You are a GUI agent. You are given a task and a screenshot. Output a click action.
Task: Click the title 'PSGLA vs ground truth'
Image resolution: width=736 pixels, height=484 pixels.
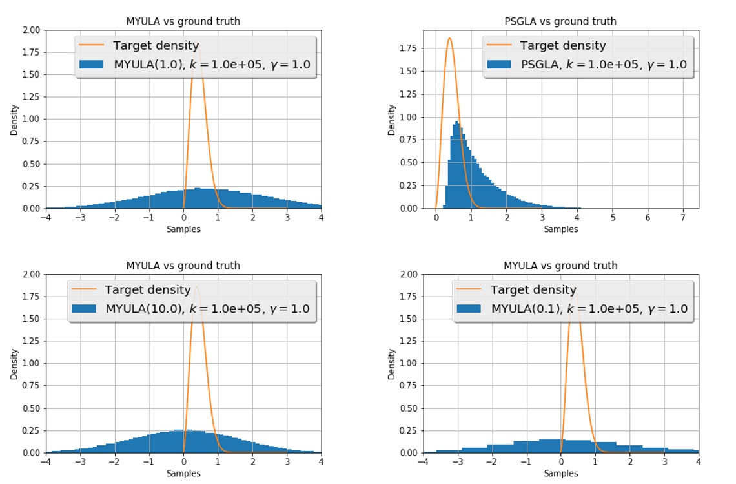coord(560,21)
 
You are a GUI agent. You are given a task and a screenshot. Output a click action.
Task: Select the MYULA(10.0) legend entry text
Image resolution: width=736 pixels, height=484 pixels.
coord(207,309)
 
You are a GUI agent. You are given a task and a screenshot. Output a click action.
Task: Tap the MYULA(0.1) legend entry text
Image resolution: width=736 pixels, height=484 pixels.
coord(589,309)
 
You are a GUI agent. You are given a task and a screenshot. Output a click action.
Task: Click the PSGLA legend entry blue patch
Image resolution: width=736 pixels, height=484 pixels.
coord(500,65)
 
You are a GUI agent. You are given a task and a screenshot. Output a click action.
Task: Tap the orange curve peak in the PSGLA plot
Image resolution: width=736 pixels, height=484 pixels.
coord(449,38)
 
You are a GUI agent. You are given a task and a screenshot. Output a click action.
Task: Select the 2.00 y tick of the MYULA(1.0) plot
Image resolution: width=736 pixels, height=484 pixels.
coord(30,30)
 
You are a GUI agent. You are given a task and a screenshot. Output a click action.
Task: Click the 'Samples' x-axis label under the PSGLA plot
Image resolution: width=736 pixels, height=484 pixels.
coord(560,229)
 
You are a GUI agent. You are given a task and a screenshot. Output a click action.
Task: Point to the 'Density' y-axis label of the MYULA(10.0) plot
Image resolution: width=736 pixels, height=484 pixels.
coord(14,364)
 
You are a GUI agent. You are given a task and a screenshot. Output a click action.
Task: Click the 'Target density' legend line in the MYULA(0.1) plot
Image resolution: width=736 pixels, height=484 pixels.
coord(469,289)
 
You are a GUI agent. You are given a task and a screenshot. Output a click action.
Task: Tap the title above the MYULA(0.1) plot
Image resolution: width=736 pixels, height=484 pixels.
coord(560,266)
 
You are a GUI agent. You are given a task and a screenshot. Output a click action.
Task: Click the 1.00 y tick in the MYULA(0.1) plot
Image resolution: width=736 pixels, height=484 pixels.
coord(408,363)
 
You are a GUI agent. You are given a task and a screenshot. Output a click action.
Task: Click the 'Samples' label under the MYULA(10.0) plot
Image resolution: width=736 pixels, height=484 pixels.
coord(183,474)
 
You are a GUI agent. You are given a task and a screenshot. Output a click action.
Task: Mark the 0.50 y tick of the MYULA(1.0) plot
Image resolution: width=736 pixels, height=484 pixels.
coord(30,163)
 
